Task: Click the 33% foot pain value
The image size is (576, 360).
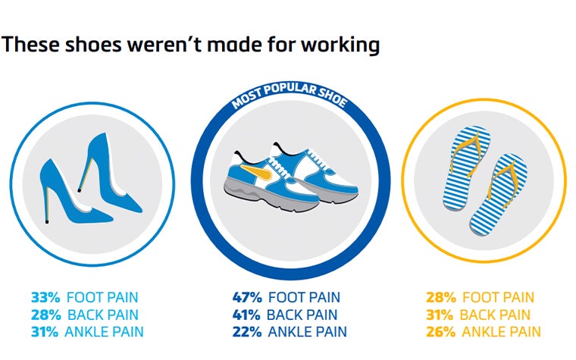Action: pyautogui.click(x=45, y=298)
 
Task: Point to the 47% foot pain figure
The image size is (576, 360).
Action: pyautogui.click(x=247, y=298)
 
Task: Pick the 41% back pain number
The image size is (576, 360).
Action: pyautogui.click(x=247, y=315)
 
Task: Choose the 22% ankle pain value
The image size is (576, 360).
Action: pyautogui.click(x=247, y=332)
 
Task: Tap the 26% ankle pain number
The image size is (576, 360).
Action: pyautogui.click(x=441, y=332)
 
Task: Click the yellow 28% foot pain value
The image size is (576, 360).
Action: pyautogui.click(x=441, y=298)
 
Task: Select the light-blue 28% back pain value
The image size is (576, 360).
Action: pyautogui.click(x=45, y=315)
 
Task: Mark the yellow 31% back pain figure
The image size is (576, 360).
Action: pyautogui.click(x=441, y=315)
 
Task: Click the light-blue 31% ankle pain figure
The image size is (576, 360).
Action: pyautogui.click(x=45, y=332)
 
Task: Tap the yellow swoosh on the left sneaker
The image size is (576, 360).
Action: pyautogui.click(x=257, y=179)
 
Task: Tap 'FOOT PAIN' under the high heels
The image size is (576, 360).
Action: pyautogui.click(x=102, y=298)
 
